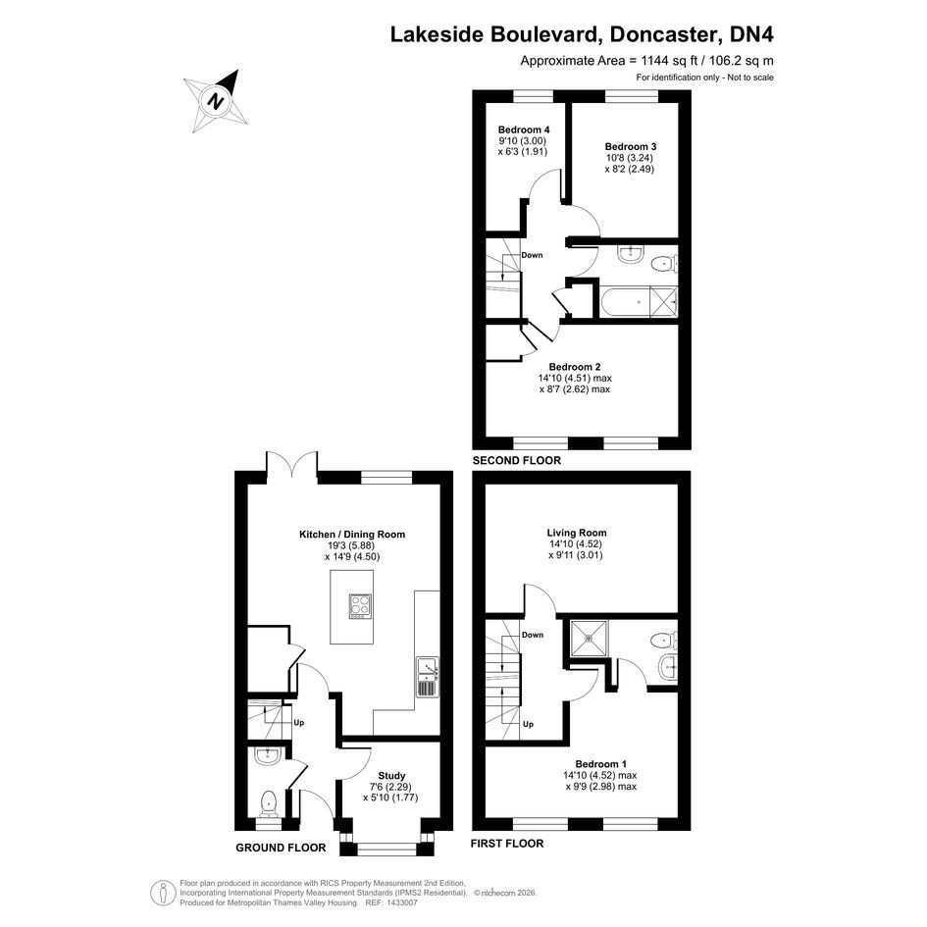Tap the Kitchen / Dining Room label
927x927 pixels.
352,535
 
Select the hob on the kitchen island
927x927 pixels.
360,606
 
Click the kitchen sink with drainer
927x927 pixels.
427,676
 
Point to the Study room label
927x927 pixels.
391,776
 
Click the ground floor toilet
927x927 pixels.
269,804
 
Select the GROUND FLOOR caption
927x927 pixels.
281,848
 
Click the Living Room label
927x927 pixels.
577,533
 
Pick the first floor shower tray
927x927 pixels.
589,638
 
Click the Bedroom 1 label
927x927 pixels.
600,764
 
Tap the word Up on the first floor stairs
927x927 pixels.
528,724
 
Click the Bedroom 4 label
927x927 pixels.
524,130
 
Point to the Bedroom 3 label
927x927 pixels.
630,146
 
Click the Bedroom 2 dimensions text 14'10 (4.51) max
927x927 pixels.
575,379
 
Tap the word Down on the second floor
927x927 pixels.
532,255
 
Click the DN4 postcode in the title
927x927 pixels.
751,35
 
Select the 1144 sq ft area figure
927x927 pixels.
639,60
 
